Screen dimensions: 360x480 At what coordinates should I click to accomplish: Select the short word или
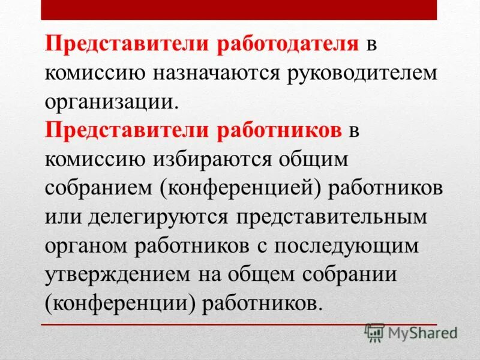[x=62, y=215]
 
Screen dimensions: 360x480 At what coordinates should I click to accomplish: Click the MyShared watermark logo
[x=412, y=332]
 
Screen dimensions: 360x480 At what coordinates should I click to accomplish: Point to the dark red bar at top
[x=240, y=10]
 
